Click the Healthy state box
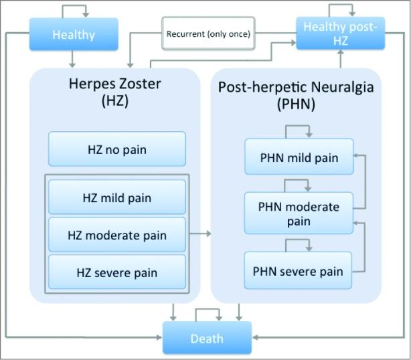point(74,33)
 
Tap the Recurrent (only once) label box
point(208,33)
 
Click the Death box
point(207,338)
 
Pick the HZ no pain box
point(117,149)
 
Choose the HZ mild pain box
point(117,197)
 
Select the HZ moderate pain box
point(117,235)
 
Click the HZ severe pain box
point(117,272)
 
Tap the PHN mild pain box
point(299,158)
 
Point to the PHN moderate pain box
point(299,213)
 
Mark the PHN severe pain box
point(298,271)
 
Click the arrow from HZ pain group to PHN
point(201,234)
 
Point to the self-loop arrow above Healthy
point(74,9)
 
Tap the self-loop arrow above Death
point(207,312)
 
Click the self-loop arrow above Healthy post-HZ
point(340,9)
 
